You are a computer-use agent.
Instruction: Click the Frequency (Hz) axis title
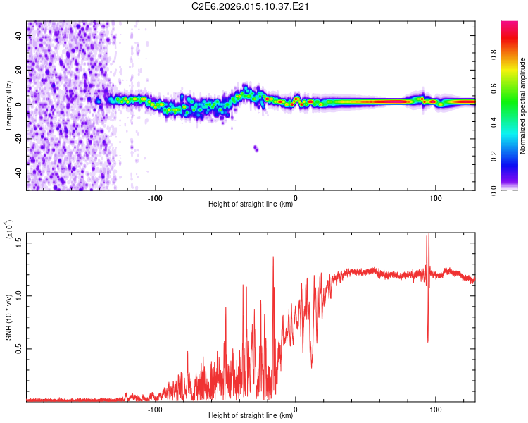(9, 105)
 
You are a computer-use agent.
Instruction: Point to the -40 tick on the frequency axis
(20, 173)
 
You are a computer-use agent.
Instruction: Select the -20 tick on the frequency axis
(20, 138)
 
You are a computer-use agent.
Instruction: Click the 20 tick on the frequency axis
(20, 70)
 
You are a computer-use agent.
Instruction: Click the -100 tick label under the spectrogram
(155, 197)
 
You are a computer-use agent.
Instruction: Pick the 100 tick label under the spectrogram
(436, 197)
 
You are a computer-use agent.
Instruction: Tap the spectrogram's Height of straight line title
(251, 204)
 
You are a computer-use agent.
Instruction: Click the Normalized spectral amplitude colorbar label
(522, 106)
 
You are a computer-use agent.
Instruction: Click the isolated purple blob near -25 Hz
(256, 149)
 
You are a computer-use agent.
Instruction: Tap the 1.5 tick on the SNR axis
(19, 243)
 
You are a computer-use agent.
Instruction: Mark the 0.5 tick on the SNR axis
(19, 349)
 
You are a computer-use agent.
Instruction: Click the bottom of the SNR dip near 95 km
(428, 342)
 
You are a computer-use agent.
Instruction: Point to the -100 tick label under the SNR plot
(155, 408)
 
